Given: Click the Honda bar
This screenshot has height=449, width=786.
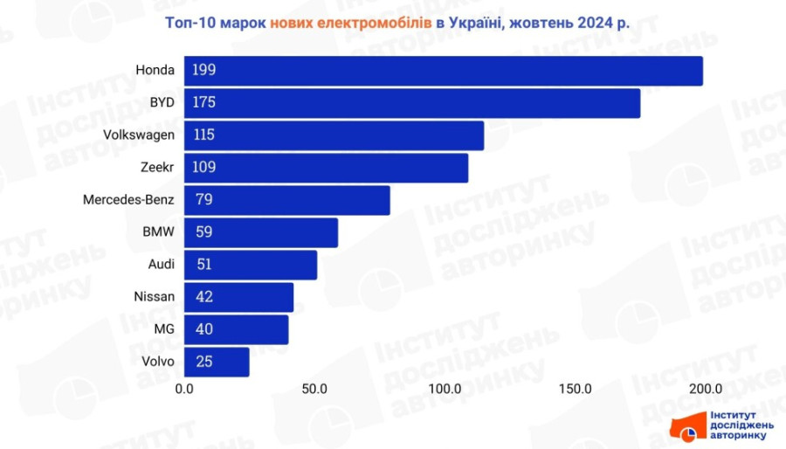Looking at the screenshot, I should pyautogui.click(x=443, y=71).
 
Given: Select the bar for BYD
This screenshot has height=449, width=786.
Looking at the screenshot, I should pyautogui.click(x=411, y=103).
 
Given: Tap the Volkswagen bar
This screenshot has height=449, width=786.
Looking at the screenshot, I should pyautogui.click(x=334, y=135).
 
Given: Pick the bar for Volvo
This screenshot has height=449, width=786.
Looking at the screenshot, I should pyautogui.click(x=217, y=362).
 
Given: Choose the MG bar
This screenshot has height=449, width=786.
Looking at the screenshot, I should pyautogui.click(x=236, y=329).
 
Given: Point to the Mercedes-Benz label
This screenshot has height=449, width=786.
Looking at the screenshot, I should pyautogui.click(x=128, y=200).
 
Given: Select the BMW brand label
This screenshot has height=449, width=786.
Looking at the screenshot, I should pyautogui.click(x=158, y=232).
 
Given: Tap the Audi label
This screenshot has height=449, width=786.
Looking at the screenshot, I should pyautogui.click(x=162, y=265).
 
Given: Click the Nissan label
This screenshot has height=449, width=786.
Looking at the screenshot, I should pyautogui.click(x=154, y=297).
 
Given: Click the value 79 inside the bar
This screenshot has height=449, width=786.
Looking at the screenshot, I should pyautogui.click(x=204, y=200).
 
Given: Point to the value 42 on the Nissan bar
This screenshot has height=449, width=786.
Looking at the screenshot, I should pyautogui.click(x=204, y=297).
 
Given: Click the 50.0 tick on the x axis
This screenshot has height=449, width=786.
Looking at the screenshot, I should pyautogui.click(x=314, y=389).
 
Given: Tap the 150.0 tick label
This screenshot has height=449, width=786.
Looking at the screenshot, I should pyautogui.click(x=574, y=389).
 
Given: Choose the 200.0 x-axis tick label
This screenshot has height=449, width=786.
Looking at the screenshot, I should pyautogui.click(x=704, y=389).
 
